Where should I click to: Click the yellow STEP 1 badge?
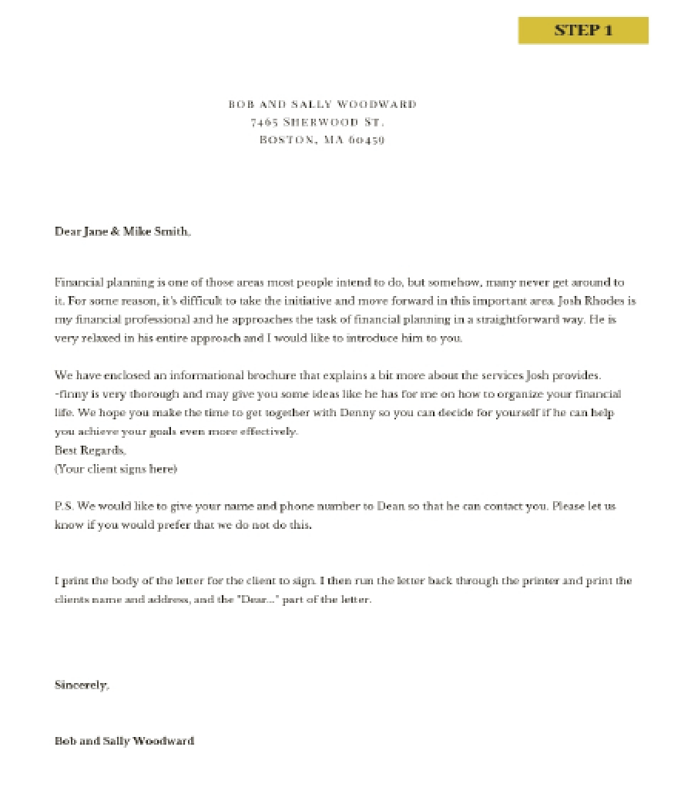583,30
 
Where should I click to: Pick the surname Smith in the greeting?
171,231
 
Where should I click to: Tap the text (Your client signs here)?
116,468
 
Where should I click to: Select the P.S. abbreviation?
64,506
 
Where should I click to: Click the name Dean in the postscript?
390,506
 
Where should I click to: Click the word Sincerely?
82,685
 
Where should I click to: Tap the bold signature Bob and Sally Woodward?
124,741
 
